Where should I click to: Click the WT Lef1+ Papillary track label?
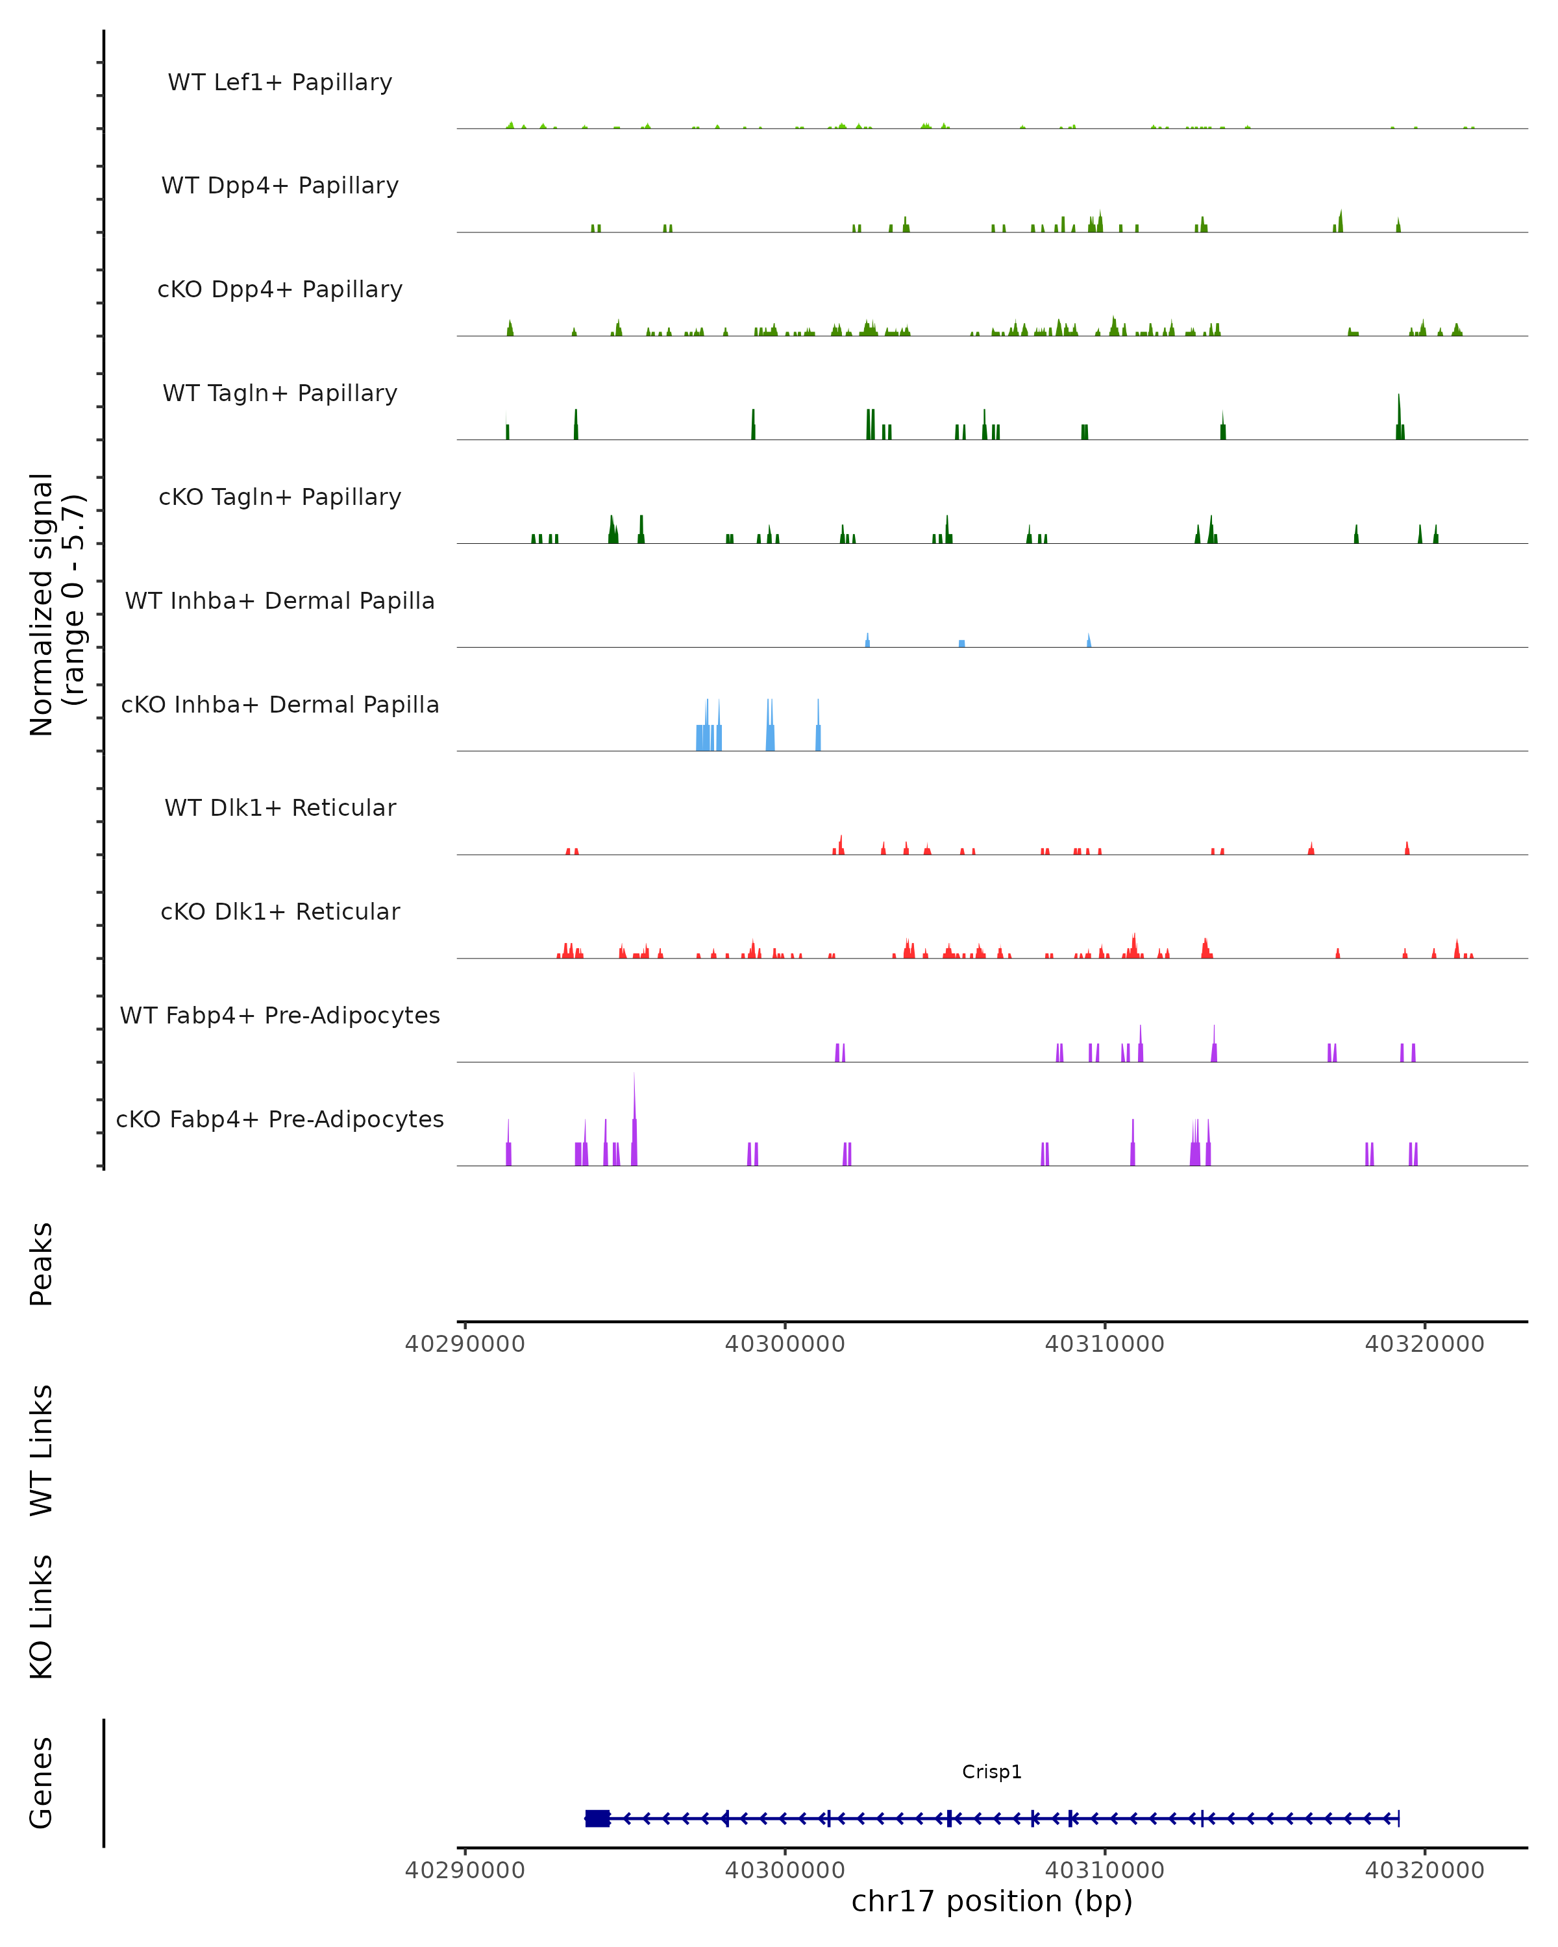click(280, 82)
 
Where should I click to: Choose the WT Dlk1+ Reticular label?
click(280, 807)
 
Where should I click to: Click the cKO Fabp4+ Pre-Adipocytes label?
click(280, 1119)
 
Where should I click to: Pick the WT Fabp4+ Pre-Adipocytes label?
click(280, 1015)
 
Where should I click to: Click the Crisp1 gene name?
click(992, 1771)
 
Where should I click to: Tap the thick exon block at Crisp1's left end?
click(597, 1818)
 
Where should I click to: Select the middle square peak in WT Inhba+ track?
click(962, 643)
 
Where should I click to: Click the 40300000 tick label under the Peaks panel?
click(785, 1344)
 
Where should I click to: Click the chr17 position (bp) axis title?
click(992, 1901)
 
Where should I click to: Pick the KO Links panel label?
click(42, 1617)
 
